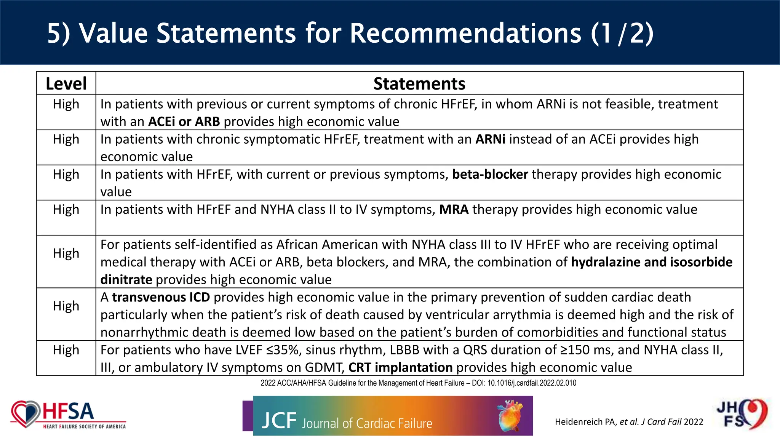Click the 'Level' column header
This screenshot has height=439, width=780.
(66, 83)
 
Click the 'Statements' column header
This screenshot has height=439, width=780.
(419, 83)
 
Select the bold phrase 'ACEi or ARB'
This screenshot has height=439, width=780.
(184, 122)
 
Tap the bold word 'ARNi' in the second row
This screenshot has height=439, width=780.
(490, 139)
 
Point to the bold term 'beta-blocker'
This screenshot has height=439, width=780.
(490, 174)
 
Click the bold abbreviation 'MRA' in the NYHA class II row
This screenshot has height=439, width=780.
(454, 209)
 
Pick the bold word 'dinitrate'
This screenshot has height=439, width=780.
(126, 280)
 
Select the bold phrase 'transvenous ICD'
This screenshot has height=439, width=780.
(161, 297)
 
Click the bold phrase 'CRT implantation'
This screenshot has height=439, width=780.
(400, 367)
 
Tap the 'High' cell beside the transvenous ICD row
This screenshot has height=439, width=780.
(66, 306)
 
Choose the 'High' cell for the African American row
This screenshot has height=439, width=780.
(66, 253)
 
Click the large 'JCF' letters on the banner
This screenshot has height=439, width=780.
(279, 421)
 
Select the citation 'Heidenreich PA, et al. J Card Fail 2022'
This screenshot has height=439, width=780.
(629, 422)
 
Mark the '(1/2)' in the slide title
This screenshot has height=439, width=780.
(622, 33)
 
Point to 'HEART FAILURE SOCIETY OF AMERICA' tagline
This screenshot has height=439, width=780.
(84, 427)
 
